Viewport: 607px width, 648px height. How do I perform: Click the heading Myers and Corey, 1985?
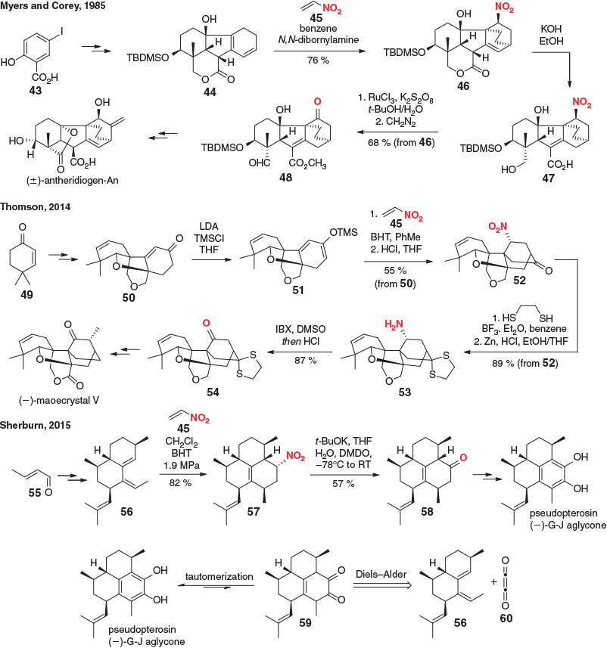pos(53,5)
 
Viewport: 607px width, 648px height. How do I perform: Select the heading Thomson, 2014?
pos(35,206)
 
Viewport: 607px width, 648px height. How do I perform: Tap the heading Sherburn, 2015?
pos(35,425)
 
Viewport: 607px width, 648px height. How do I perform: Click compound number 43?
pos(36,90)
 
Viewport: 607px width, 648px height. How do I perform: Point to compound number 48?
pos(286,177)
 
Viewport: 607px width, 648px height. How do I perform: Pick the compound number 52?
pos(519,281)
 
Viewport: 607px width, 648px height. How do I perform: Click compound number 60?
pos(506,619)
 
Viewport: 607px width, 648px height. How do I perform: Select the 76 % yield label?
pos(318,60)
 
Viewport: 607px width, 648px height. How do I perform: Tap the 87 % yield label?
pos(305,361)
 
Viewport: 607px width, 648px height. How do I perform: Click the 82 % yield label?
pos(180,482)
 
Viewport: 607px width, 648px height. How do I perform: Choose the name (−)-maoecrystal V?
pos(59,400)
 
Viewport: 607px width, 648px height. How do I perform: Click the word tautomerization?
pos(219,576)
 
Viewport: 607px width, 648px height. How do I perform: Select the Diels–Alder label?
pos(381,574)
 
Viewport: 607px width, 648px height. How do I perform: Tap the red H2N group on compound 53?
pos(394,325)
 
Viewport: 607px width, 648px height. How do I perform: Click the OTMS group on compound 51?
pos(344,232)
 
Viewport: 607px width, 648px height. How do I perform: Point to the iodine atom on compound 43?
pos(62,31)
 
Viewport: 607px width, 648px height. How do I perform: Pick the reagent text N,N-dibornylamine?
pos(318,39)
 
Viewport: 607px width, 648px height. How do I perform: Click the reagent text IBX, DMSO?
pos(300,329)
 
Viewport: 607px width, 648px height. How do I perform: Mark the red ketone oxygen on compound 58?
pos(463,457)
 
